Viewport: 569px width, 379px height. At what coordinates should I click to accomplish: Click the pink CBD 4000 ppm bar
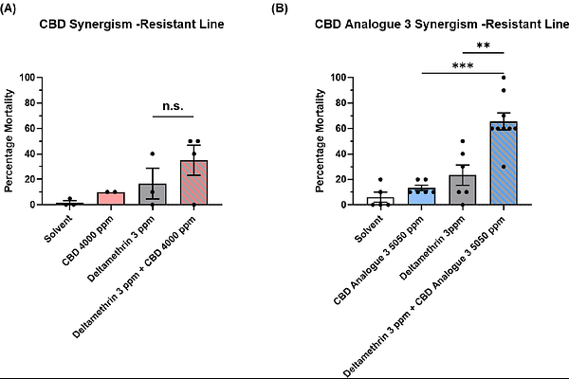[x=110, y=199]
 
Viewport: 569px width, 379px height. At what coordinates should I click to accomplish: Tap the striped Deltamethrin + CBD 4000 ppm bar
[x=193, y=183]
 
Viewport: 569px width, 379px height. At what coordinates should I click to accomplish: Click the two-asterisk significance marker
[x=482, y=45]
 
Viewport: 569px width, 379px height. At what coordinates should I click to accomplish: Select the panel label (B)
[x=280, y=9]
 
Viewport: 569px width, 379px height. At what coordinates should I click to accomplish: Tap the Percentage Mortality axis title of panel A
[x=10, y=140]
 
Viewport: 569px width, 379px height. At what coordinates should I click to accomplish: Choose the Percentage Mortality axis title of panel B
[x=321, y=140]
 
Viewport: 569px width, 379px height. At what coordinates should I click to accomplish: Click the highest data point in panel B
[x=504, y=78]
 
